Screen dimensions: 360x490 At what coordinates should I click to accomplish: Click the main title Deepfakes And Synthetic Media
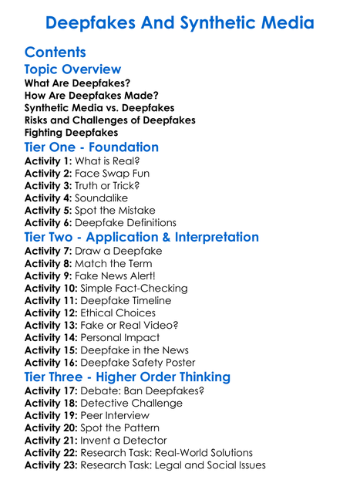pos(180,22)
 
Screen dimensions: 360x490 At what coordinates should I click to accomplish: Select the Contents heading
pos(55,52)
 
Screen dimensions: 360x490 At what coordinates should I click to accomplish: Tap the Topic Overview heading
pos(72,69)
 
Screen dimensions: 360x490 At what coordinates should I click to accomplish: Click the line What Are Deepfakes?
pos(77,83)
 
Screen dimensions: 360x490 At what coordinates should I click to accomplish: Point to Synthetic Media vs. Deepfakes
pos(99,107)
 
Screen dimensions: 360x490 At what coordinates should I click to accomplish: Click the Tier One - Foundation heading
pos(92,147)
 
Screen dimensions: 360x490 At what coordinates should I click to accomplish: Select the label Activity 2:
pos(49,173)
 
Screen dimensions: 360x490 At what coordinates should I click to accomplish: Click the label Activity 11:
pos(52,300)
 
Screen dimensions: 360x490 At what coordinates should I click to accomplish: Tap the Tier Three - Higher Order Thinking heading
pos(127,377)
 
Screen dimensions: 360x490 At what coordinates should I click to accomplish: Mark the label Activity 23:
pos(52,465)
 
